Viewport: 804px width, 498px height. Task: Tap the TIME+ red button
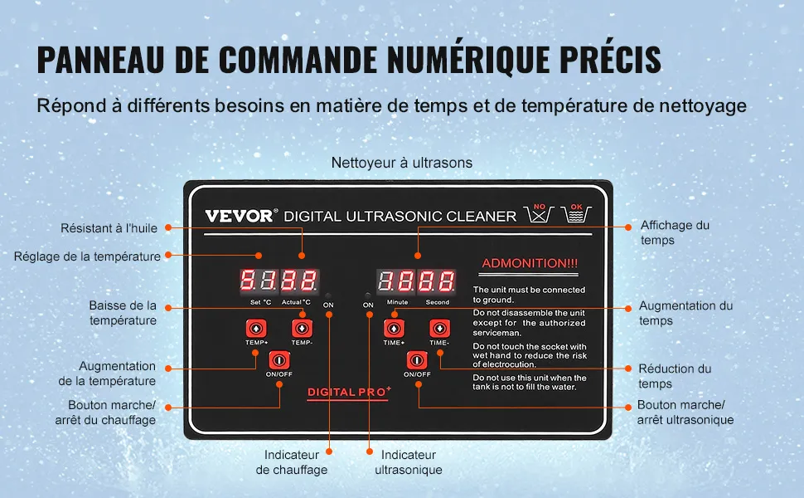point(393,328)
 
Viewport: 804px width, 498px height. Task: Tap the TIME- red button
point(439,328)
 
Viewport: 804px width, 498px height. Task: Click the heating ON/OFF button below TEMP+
point(279,360)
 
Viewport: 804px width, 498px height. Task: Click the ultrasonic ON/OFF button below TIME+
point(416,360)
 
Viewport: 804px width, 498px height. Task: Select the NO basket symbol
point(538,212)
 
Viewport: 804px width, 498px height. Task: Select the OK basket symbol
point(576,212)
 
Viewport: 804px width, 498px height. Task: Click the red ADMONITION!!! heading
point(530,263)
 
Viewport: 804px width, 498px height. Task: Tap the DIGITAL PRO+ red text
point(349,392)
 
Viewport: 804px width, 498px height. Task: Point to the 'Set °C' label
point(260,302)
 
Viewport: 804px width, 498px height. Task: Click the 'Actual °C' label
point(296,302)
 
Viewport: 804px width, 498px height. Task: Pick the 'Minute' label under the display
point(397,302)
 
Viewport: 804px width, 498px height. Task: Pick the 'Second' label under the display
point(438,302)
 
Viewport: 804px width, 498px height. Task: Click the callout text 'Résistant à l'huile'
point(109,228)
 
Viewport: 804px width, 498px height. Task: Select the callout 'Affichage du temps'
point(675,232)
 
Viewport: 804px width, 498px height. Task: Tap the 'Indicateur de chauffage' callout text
point(291,462)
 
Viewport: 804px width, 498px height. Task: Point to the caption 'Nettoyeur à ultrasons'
point(402,163)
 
